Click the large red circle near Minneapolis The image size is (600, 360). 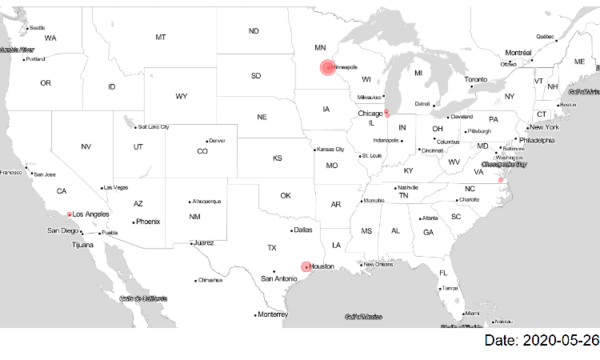tap(327, 68)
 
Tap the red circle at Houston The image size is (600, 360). tap(305, 266)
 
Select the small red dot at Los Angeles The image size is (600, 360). tap(70, 214)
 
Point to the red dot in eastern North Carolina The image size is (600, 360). tap(501, 180)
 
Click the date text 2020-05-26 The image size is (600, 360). tap(541, 341)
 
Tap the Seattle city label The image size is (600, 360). tap(38, 28)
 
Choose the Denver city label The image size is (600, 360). tap(217, 141)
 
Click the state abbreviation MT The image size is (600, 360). tap(161, 38)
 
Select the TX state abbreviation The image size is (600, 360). tap(271, 247)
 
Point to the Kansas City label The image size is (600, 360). tap(330, 149)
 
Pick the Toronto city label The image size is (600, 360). tap(476, 80)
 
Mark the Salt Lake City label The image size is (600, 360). tap(153, 126)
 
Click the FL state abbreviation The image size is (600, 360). tap(442, 273)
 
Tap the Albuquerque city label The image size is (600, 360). tap(206, 201)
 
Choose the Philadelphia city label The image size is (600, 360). tap(537, 140)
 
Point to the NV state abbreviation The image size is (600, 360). tap(86, 146)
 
